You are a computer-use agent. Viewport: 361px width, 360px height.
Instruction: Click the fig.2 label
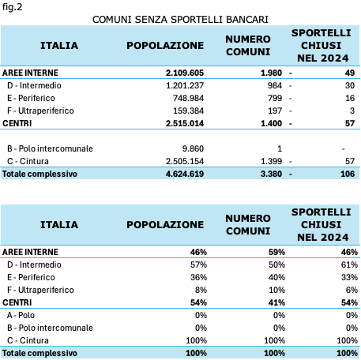[x=13, y=7]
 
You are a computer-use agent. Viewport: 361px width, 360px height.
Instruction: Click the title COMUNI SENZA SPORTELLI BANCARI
[x=180, y=20]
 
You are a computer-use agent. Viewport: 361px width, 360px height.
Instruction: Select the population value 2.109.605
[x=185, y=73]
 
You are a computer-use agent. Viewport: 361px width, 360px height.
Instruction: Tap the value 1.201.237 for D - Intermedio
[x=185, y=85]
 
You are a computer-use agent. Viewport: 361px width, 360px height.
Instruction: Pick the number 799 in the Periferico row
[x=275, y=98]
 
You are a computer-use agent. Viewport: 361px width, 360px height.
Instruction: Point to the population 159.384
[x=188, y=111]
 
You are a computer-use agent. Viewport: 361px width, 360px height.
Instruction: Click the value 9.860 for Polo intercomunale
[x=193, y=148]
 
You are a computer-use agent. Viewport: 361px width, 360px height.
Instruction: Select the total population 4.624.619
[x=185, y=174]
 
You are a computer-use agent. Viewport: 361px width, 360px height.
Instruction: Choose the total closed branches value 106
[x=348, y=174]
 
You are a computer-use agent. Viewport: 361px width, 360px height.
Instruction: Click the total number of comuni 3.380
[x=271, y=174]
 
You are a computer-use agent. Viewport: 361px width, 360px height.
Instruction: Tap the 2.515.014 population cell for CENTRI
[x=185, y=123]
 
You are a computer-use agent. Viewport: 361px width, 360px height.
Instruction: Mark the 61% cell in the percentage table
[x=349, y=264]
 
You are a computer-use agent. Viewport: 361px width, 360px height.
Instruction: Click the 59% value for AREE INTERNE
[x=276, y=252]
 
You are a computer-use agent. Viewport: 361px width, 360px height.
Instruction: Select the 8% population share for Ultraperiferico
[x=201, y=290]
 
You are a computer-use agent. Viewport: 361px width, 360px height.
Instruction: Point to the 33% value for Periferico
[x=349, y=277]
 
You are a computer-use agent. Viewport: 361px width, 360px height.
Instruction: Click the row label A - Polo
[x=21, y=315]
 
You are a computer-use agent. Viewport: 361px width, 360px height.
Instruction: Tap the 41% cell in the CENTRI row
[x=276, y=302]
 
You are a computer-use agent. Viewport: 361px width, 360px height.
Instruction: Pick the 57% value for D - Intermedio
[x=198, y=264]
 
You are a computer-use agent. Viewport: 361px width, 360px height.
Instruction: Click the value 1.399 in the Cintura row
[x=271, y=161]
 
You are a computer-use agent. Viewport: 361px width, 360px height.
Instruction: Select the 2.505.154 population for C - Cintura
[x=185, y=161]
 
